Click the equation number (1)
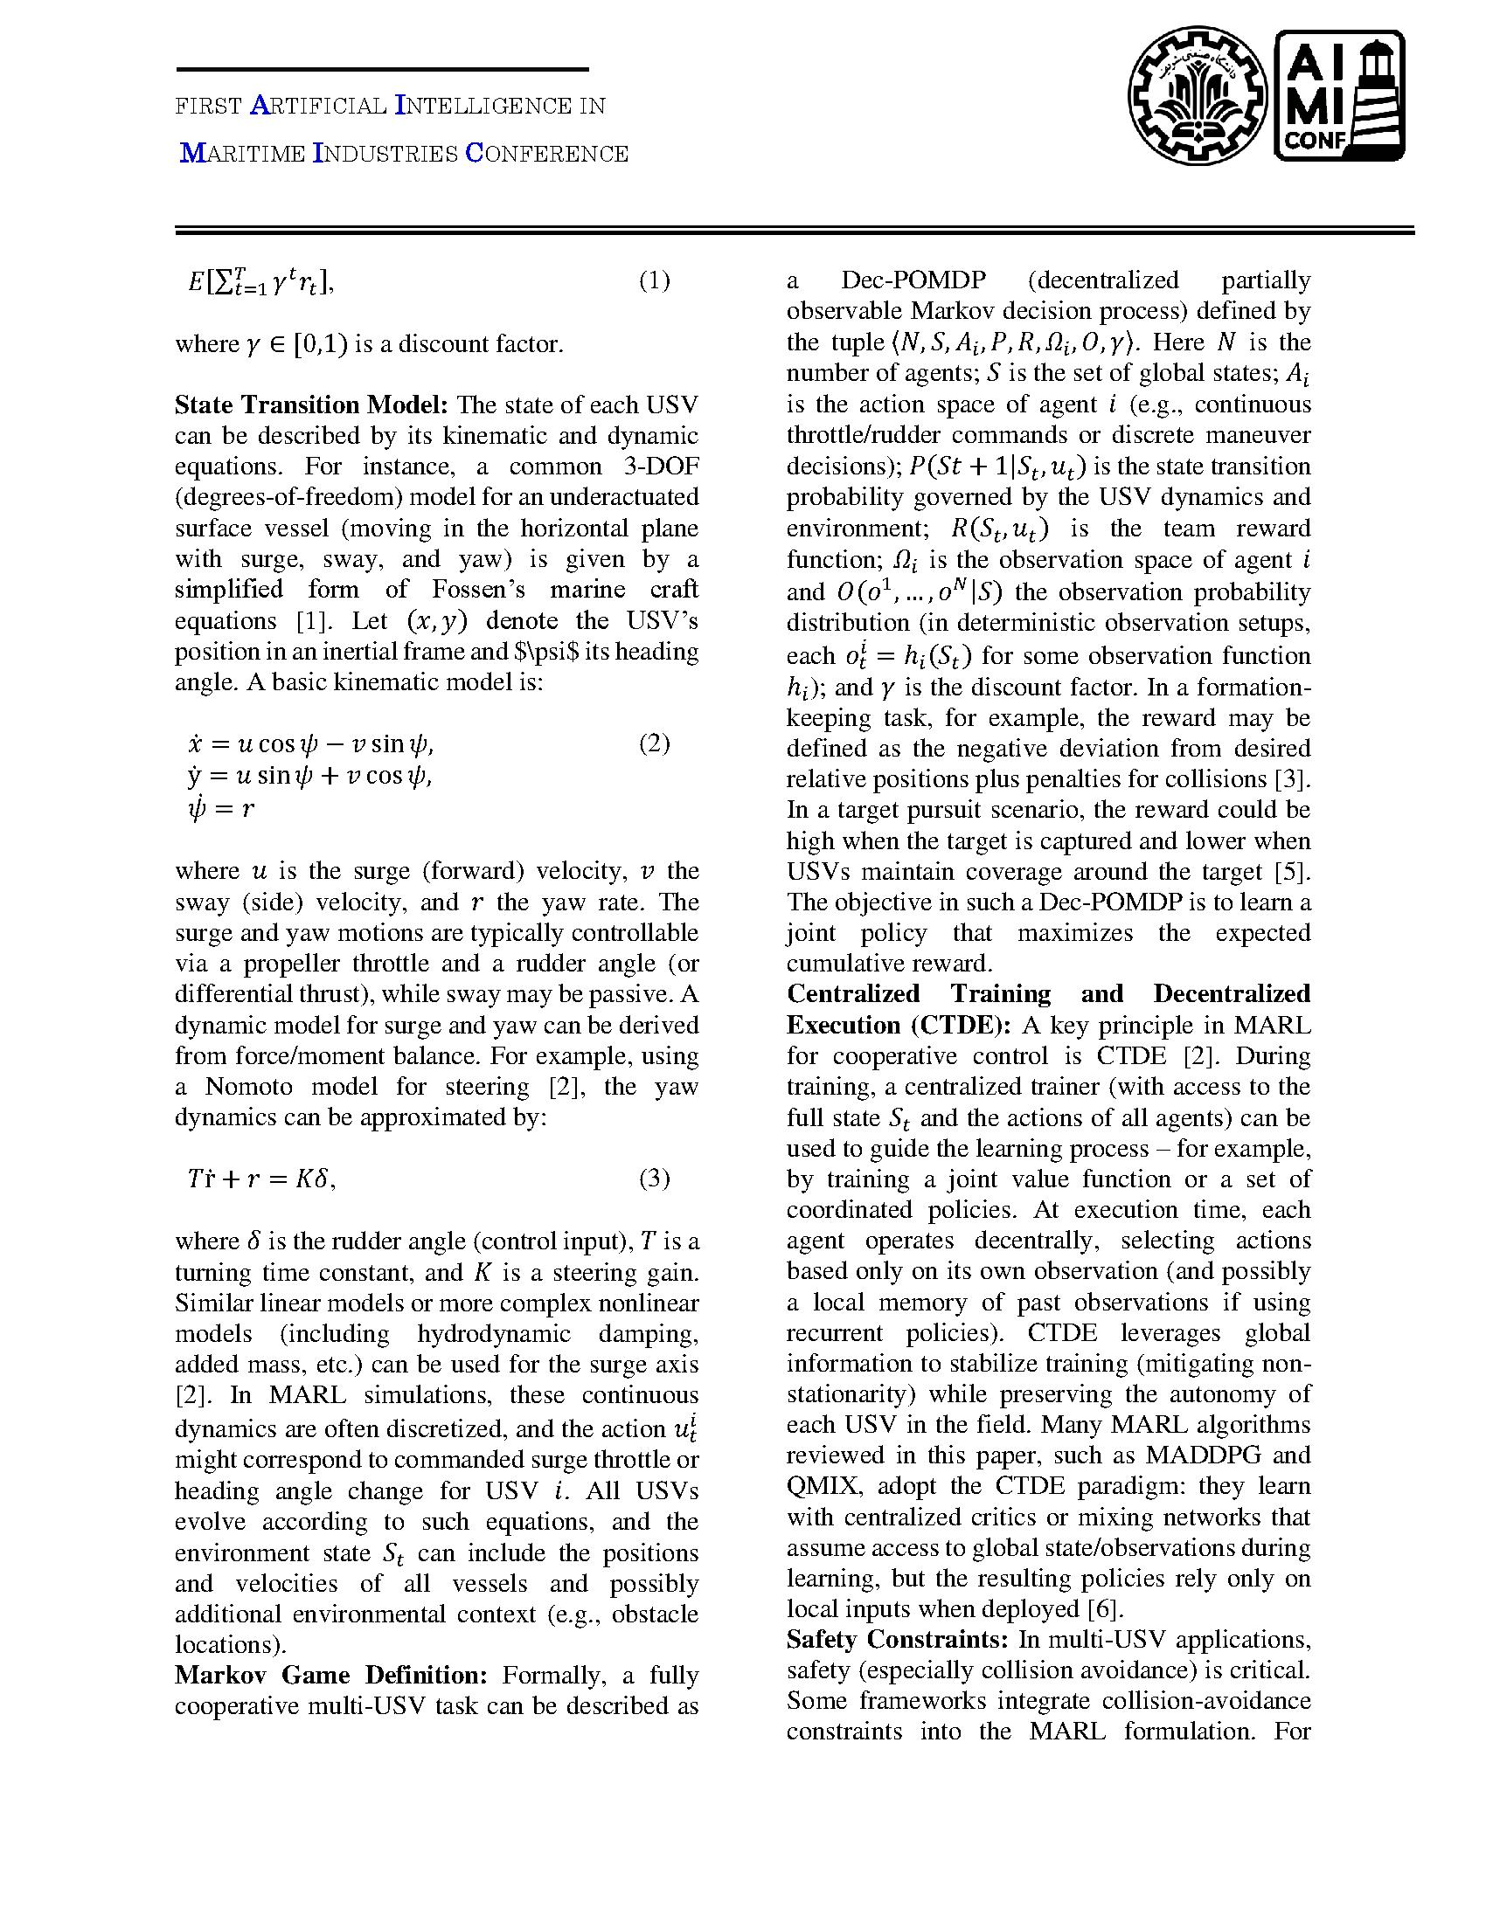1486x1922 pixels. (x=653, y=280)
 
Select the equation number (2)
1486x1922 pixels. (x=653, y=743)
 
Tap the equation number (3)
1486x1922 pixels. (x=653, y=1178)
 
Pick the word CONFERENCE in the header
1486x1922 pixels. (x=546, y=154)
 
